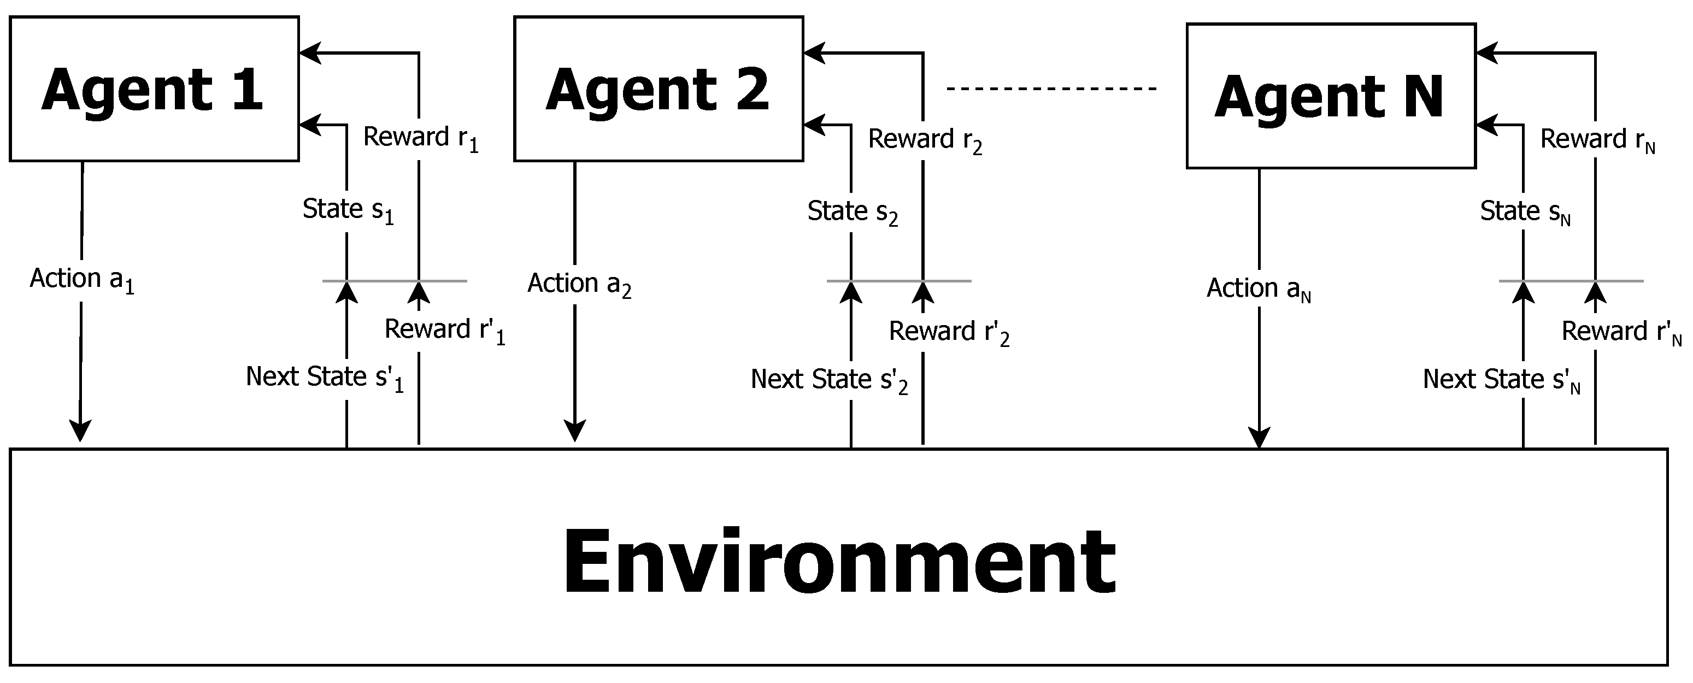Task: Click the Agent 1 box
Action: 154,89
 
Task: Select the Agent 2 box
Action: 658,89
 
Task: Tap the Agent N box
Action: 1330,96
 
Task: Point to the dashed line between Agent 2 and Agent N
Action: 1051,88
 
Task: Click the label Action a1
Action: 82,279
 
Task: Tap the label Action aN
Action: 1258,289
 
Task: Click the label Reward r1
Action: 421,138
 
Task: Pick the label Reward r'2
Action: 948,332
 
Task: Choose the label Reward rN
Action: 1597,140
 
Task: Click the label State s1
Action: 348,210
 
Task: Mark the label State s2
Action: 852,213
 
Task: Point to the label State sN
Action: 1525,213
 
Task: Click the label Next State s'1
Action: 325,378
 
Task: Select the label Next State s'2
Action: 829,381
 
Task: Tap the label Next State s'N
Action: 1501,381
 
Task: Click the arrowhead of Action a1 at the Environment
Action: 80,432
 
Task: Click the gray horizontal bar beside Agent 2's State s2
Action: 898,281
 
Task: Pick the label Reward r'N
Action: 1621,332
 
